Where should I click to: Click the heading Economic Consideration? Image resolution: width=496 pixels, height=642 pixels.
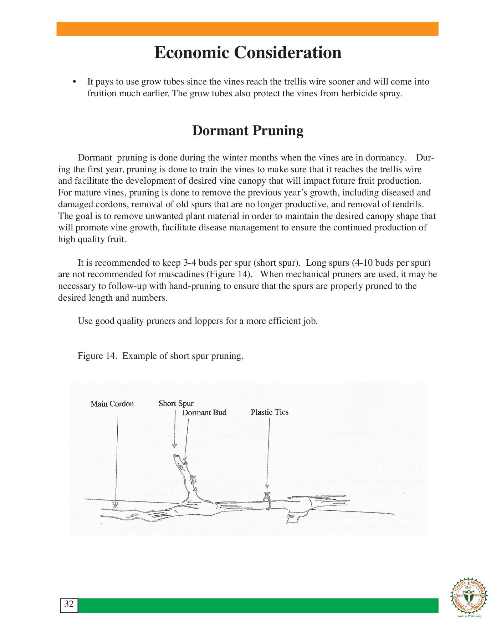248,53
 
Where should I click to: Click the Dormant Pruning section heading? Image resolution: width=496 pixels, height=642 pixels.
248,131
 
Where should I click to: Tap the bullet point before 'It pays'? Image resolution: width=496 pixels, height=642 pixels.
75,82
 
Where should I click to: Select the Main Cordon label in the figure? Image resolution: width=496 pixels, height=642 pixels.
112,404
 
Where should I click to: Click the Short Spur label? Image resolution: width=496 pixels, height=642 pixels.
176,403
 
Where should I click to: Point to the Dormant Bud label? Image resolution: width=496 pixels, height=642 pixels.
204,413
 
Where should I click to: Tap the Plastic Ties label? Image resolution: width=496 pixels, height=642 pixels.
269,412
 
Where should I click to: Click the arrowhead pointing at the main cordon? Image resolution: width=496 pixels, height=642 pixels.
115,505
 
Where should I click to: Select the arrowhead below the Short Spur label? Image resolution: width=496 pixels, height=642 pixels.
174,445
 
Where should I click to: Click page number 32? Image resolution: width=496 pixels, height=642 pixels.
69,604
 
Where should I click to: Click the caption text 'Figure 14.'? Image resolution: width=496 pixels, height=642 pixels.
97,356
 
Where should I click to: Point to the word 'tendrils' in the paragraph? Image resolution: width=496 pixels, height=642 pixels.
406,204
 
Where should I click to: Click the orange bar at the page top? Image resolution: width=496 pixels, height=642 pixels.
247,29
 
